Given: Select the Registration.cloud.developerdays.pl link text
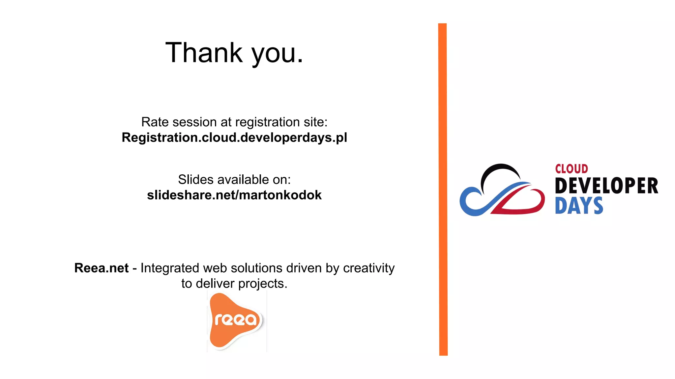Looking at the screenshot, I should (x=234, y=138).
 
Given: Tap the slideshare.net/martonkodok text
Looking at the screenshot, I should (x=234, y=195).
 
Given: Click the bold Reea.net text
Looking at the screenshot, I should (x=101, y=268).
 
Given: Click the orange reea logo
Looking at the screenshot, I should (x=235, y=320).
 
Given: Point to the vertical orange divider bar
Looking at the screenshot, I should (x=443, y=189).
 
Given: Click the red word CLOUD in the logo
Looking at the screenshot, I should (x=571, y=169).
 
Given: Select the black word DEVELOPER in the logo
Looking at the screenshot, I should (x=606, y=186).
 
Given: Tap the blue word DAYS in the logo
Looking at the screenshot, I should (x=579, y=206).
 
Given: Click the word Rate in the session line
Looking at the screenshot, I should (x=155, y=122).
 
